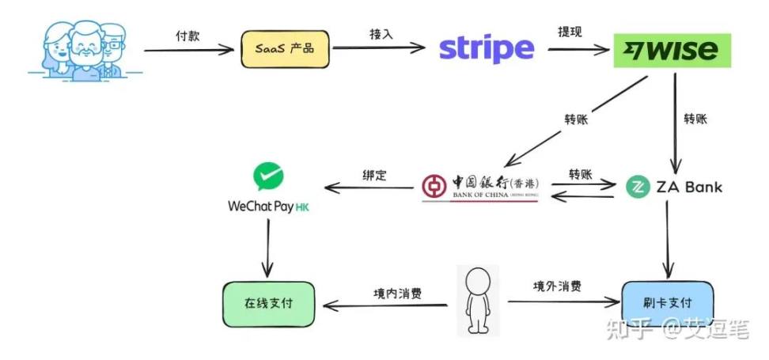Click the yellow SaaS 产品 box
pyautogui.click(x=285, y=49)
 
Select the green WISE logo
pyautogui.click(x=672, y=50)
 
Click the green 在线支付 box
pyautogui.click(x=269, y=304)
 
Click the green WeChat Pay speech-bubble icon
pyautogui.click(x=268, y=176)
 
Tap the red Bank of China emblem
pyautogui.click(x=434, y=188)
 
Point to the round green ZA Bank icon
pyautogui.click(x=638, y=187)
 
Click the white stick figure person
pyautogui.click(x=478, y=301)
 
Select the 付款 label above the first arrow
pyautogui.click(x=188, y=36)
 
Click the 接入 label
pyautogui.click(x=381, y=34)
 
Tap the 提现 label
pyautogui.click(x=570, y=32)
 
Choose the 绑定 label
pyautogui.click(x=375, y=175)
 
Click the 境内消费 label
pyautogui.click(x=397, y=293)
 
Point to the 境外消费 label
pyautogui.click(x=557, y=286)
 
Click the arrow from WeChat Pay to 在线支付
pyautogui.click(x=267, y=248)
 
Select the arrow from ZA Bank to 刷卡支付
pyautogui.click(x=668, y=240)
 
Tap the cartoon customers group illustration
pyautogui.click(x=85, y=51)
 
